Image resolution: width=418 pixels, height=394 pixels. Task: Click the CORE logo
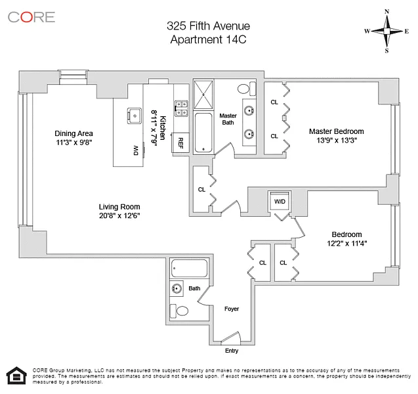[31, 17]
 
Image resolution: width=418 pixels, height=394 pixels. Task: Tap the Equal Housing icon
[16, 376]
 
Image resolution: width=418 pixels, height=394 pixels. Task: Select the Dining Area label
[73, 133]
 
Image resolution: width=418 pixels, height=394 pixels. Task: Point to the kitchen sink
[135, 116]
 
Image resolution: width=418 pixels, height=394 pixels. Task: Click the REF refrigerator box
[180, 142]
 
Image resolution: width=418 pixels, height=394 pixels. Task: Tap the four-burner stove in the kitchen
[181, 108]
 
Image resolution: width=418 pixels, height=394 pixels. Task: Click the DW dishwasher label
[136, 150]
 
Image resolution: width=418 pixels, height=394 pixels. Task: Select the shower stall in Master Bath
[203, 95]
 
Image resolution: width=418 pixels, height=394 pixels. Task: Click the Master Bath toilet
[247, 89]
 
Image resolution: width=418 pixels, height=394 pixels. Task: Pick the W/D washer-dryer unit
[280, 202]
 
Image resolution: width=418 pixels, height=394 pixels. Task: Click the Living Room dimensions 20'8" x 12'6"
[119, 215]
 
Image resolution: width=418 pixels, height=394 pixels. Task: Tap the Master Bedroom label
[337, 131]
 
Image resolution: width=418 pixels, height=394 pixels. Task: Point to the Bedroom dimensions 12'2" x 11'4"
[347, 243]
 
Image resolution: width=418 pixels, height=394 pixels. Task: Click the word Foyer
[232, 309]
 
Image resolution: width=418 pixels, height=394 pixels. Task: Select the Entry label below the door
[232, 351]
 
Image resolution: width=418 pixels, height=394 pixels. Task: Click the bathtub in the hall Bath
[189, 268]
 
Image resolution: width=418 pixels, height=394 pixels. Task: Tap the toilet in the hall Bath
[179, 311]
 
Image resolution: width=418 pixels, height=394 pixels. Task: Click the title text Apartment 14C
[208, 39]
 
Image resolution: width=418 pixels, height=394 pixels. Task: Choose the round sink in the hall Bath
[177, 288]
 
